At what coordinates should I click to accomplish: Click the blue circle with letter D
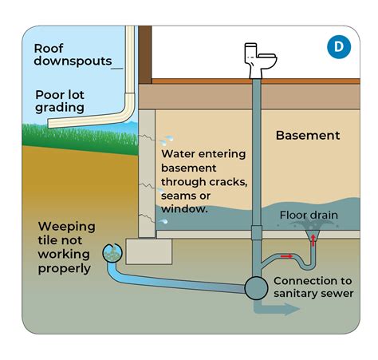click(x=339, y=47)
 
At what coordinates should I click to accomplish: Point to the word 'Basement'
click(x=307, y=135)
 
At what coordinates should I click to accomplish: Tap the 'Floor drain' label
click(x=308, y=216)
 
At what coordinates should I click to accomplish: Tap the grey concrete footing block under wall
click(x=148, y=252)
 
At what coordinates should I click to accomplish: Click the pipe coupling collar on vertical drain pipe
click(x=256, y=232)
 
